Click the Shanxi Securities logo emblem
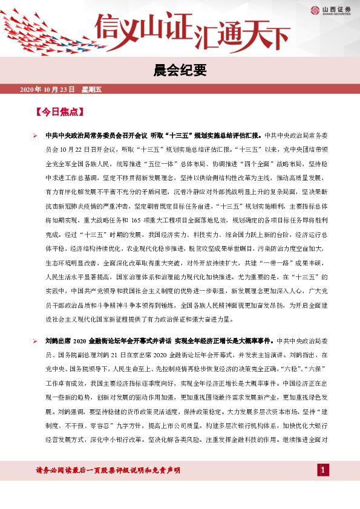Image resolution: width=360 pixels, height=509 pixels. click(316, 10)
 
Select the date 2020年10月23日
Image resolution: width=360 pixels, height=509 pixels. click(47, 90)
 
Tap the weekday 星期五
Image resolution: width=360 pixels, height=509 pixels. click(91, 90)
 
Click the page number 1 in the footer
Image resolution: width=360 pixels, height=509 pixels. click(323, 470)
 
